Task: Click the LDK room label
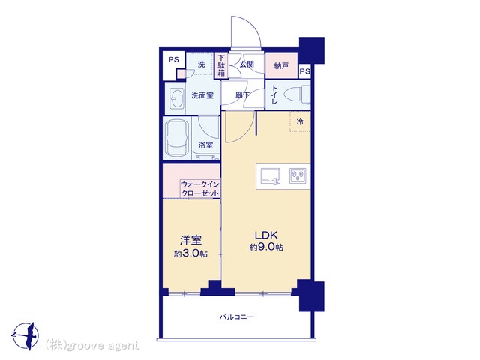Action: pos(267,235)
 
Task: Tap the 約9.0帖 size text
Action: pos(266,247)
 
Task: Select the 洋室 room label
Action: pos(190,240)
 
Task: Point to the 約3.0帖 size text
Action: pos(190,253)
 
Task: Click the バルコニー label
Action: pos(237,316)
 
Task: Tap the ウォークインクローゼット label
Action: pos(200,189)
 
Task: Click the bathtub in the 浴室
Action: pos(177,138)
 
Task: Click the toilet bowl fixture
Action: pos(297,94)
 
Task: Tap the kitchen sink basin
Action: pos(270,177)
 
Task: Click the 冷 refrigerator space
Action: pos(300,121)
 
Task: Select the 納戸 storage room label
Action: pos(281,65)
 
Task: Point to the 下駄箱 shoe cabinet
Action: pos(221,65)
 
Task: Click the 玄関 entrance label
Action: pos(247,64)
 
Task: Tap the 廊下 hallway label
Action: pos(242,95)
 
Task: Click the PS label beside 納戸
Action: pos(305,71)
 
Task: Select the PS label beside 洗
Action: pos(173,60)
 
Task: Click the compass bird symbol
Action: pos(27,335)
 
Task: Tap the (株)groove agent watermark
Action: pos(92,346)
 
